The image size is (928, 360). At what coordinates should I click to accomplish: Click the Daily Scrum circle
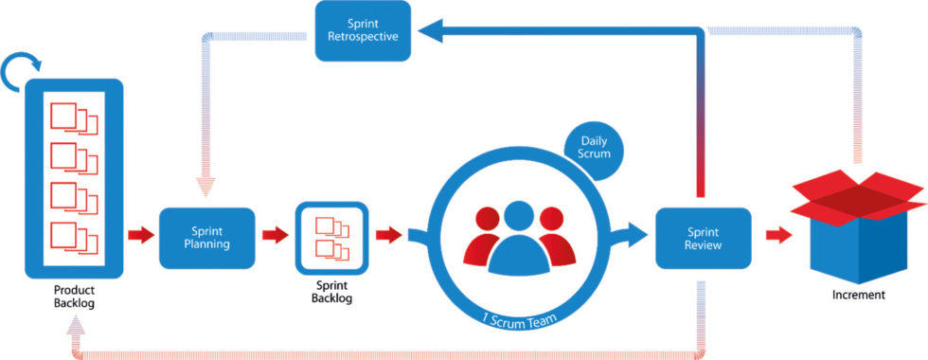pyautogui.click(x=595, y=150)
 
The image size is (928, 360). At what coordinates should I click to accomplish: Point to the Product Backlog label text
pyautogui.click(x=73, y=296)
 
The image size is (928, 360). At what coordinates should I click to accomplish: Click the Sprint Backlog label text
pyautogui.click(x=331, y=292)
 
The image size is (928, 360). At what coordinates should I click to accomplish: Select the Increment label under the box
pyautogui.click(x=859, y=295)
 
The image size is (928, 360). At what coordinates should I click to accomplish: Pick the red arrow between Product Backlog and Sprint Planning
pyautogui.click(x=140, y=235)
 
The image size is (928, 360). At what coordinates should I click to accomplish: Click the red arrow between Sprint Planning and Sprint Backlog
pyautogui.click(x=276, y=235)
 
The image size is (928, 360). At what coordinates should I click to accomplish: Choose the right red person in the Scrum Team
pyautogui.click(x=559, y=244)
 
